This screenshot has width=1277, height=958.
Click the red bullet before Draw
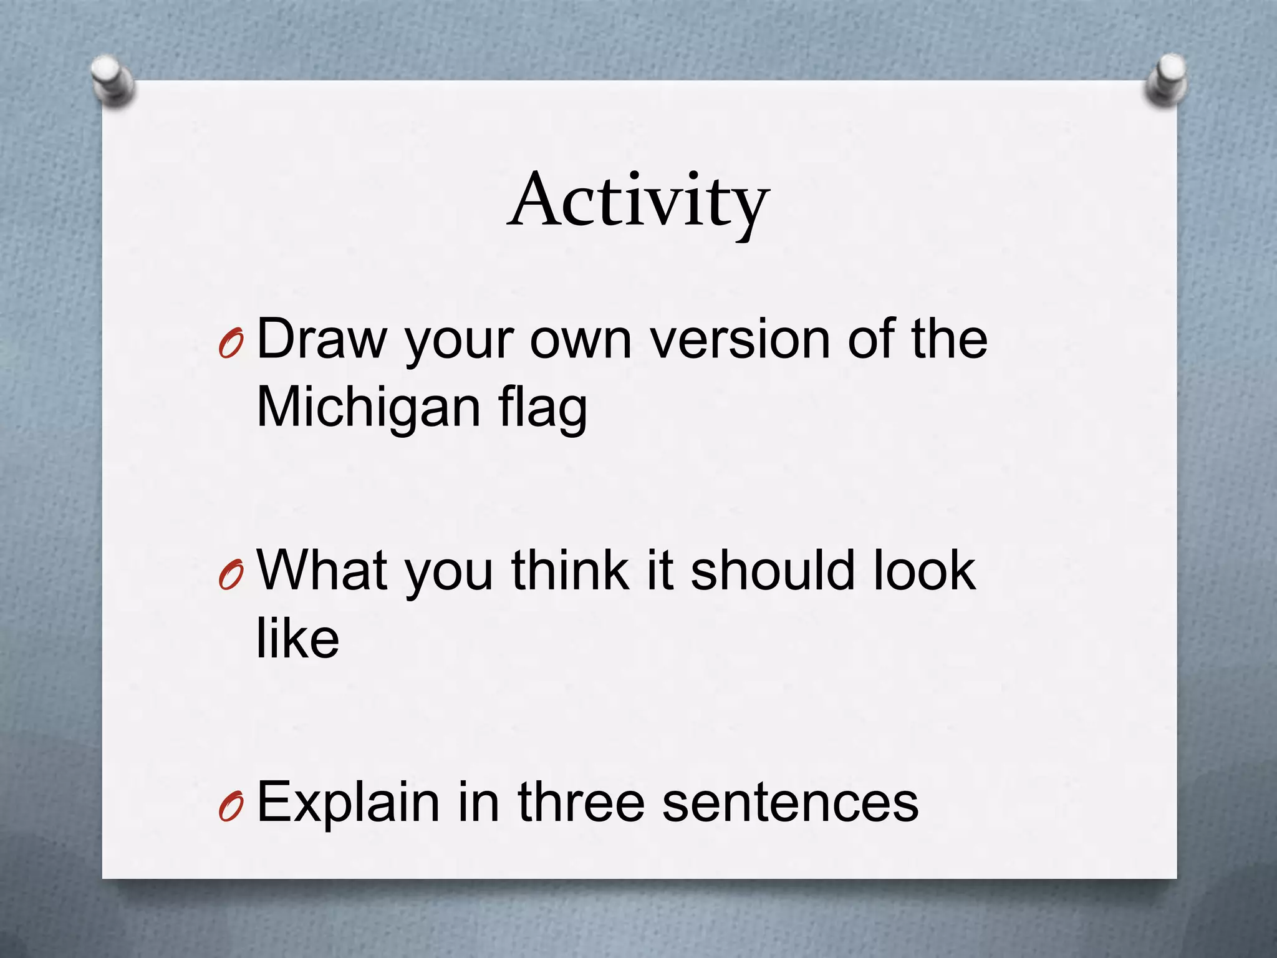click(230, 344)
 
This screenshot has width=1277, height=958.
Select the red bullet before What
click(230, 576)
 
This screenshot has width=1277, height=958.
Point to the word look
click(924, 570)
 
